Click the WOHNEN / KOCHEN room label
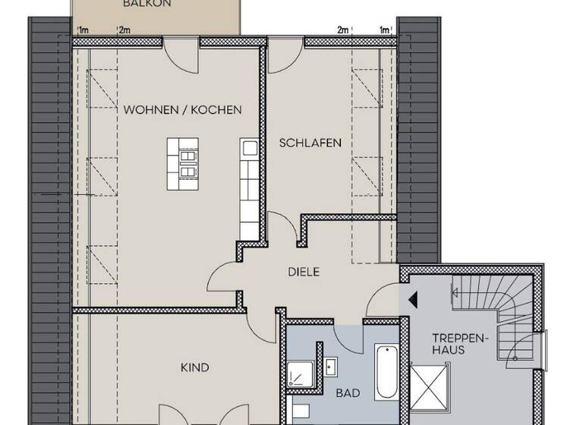182,109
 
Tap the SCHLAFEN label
310,143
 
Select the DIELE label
303,272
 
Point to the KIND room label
194,367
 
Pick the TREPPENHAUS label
453,343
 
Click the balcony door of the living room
181,50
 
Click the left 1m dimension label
83,30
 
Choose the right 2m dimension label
343,30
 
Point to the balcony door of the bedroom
285,50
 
